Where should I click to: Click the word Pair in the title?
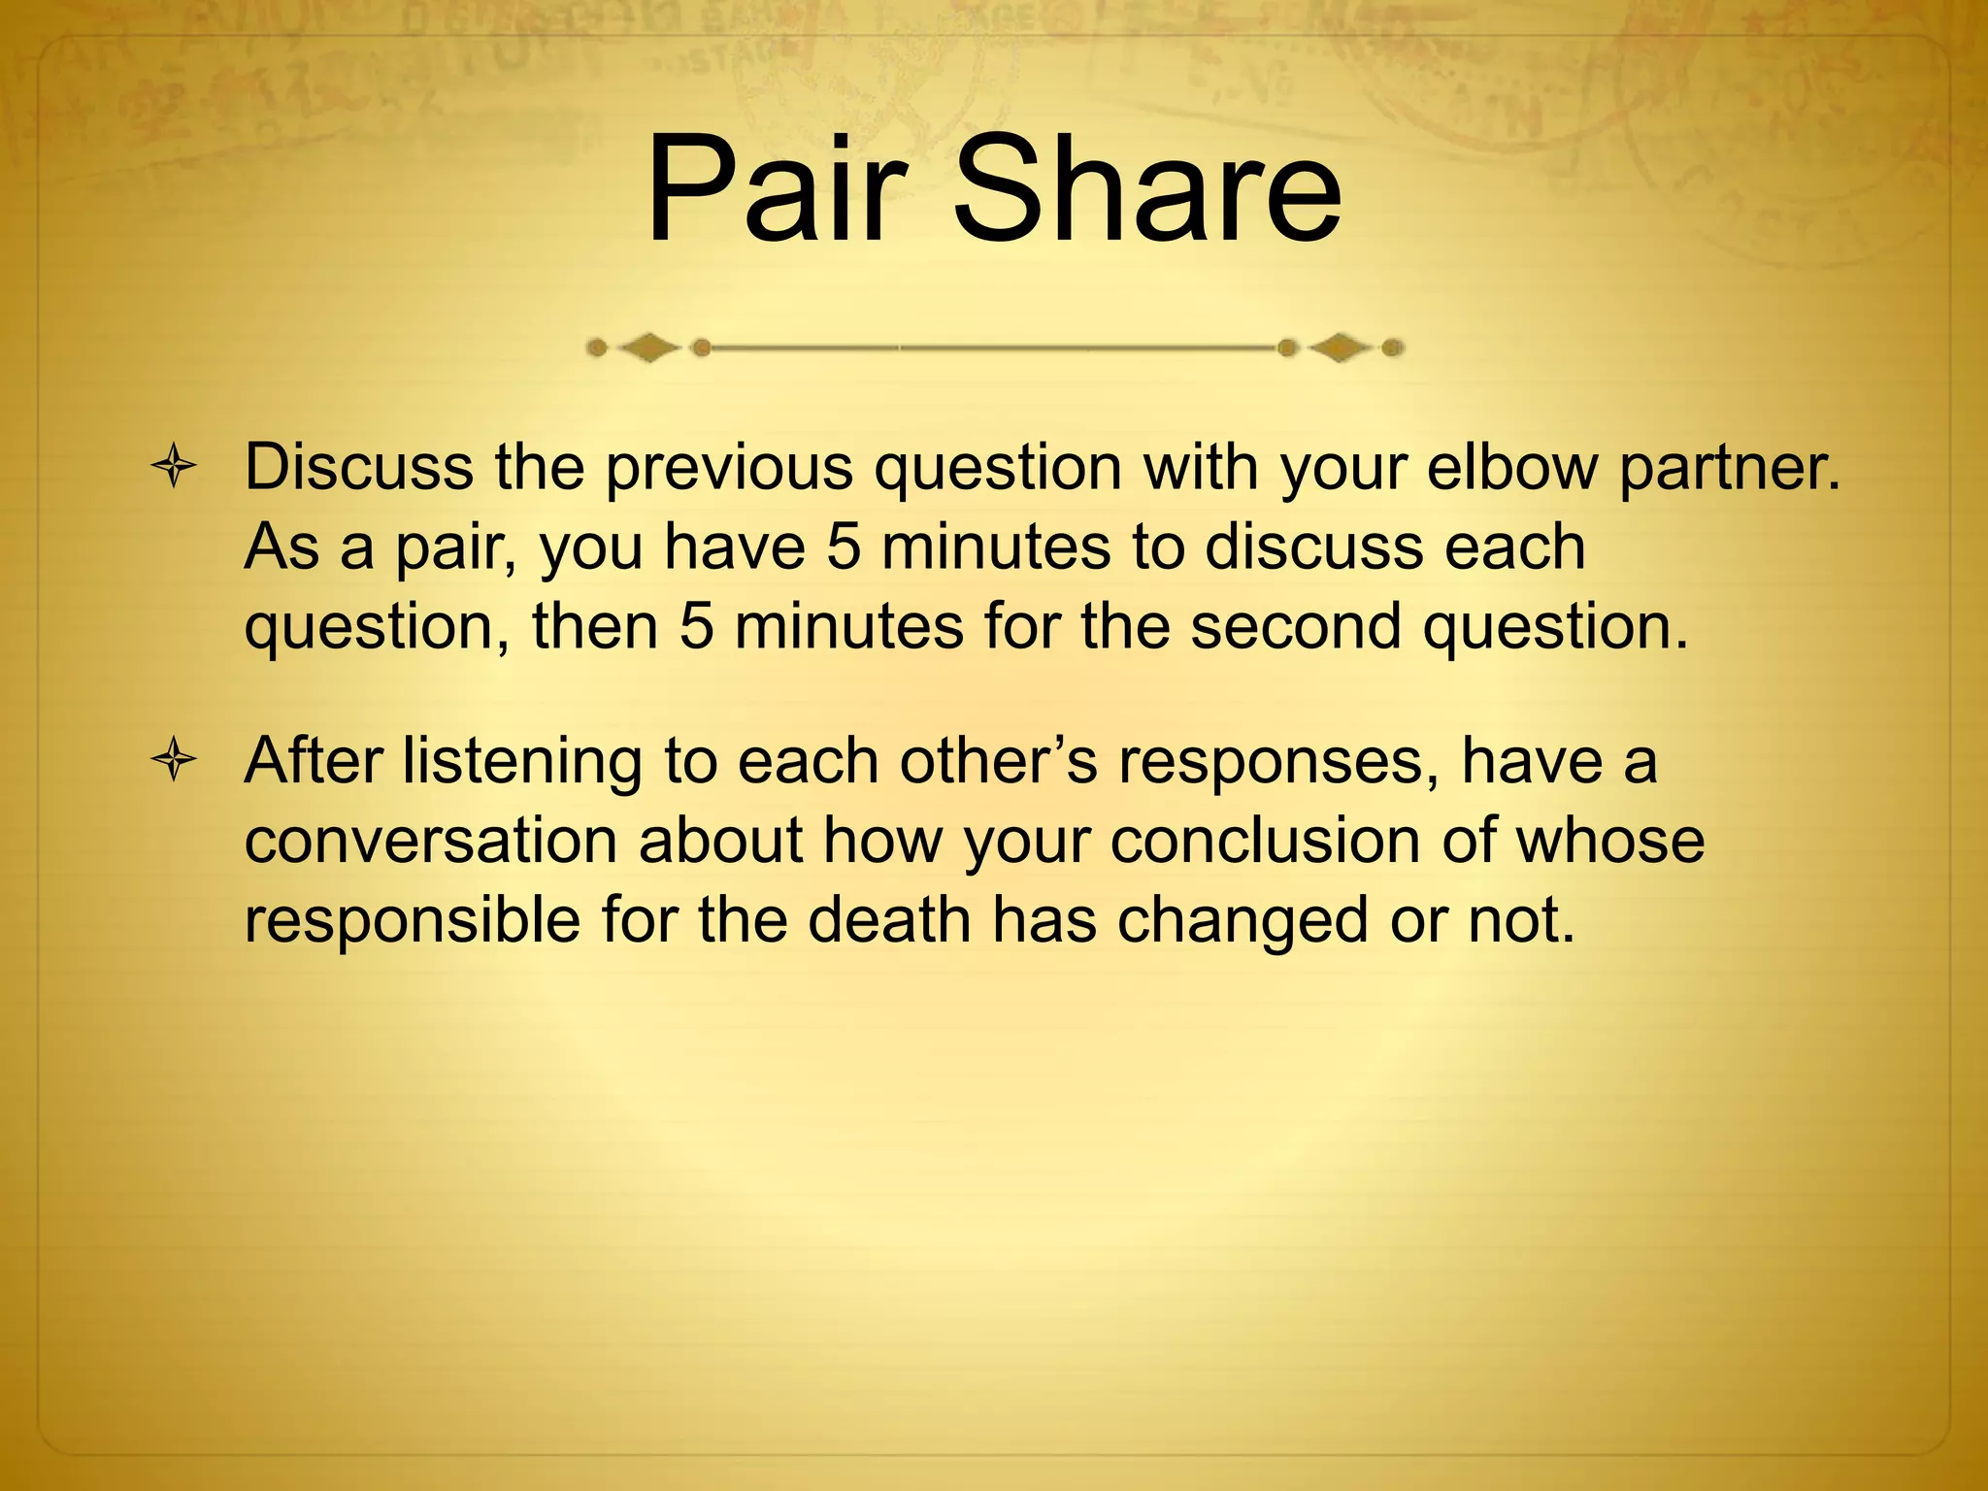[x=777, y=191]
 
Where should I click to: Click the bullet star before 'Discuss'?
[x=174, y=468]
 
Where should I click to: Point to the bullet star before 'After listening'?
[x=174, y=761]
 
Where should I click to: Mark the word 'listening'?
[x=522, y=761]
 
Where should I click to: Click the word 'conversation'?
[x=431, y=841]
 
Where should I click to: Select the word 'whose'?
[x=1609, y=841]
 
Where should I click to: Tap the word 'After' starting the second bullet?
[x=313, y=761]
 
